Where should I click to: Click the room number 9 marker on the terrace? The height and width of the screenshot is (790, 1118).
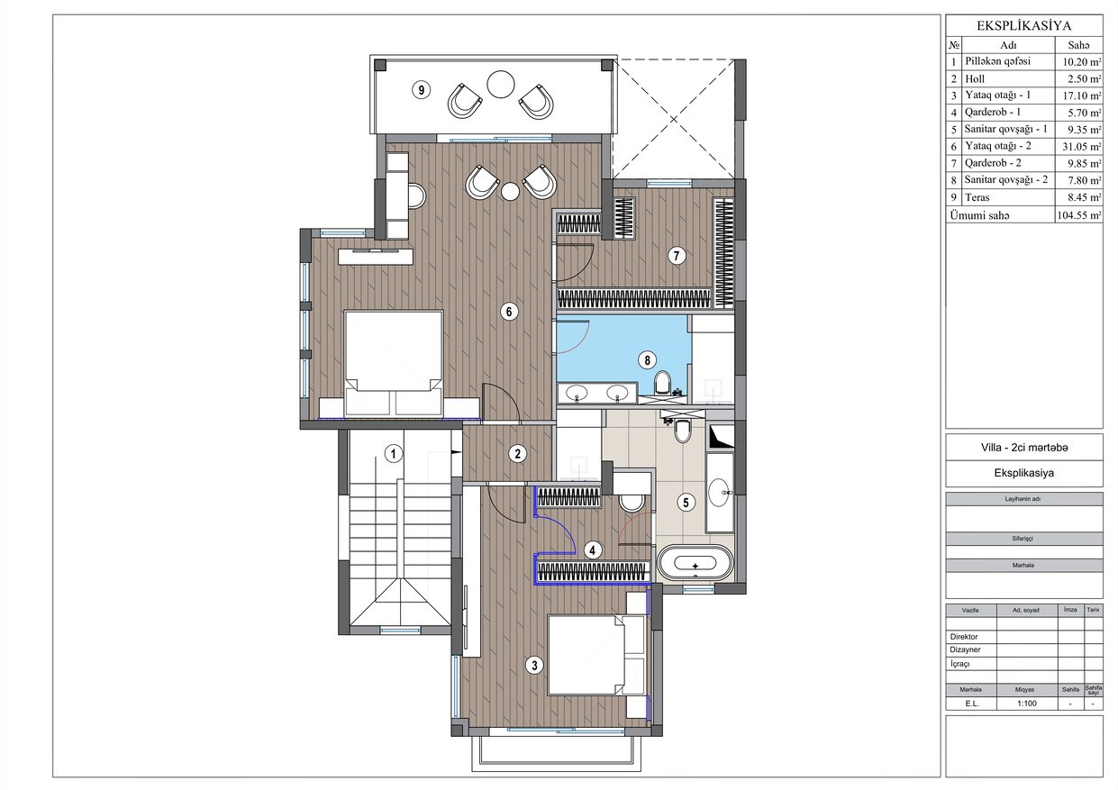click(422, 90)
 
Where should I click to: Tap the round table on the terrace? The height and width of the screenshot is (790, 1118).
click(500, 85)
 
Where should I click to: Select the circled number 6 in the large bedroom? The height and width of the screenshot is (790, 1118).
click(509, 312)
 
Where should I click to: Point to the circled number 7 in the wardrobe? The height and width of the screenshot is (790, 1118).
click(677, 256)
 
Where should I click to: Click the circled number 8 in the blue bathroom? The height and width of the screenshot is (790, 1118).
click(647, 359)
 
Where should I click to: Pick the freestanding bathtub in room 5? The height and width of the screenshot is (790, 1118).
click(695, 562)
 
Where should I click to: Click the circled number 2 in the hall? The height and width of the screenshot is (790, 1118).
click(518, 454)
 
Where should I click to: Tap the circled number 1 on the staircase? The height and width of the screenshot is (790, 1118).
click(394, 454)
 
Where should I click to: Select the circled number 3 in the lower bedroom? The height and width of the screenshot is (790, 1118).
click(534, 665)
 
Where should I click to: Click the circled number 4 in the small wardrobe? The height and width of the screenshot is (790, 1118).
click(593, 550)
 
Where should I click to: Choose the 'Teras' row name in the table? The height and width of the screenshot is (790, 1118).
click(977, 197)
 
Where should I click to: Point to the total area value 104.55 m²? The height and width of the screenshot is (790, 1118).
click(1078, 215)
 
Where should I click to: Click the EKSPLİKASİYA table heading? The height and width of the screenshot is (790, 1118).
click(1023, 26)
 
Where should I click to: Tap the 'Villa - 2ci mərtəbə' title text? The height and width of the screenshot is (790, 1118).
click(1024, 448)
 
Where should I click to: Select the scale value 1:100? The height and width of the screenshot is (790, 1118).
click(1027, 704)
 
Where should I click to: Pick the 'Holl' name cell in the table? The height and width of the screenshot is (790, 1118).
click(975, 79)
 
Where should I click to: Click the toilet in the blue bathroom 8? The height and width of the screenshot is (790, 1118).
click(663, 382)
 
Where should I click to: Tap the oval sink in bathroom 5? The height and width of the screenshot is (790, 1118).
click(719, 493)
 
